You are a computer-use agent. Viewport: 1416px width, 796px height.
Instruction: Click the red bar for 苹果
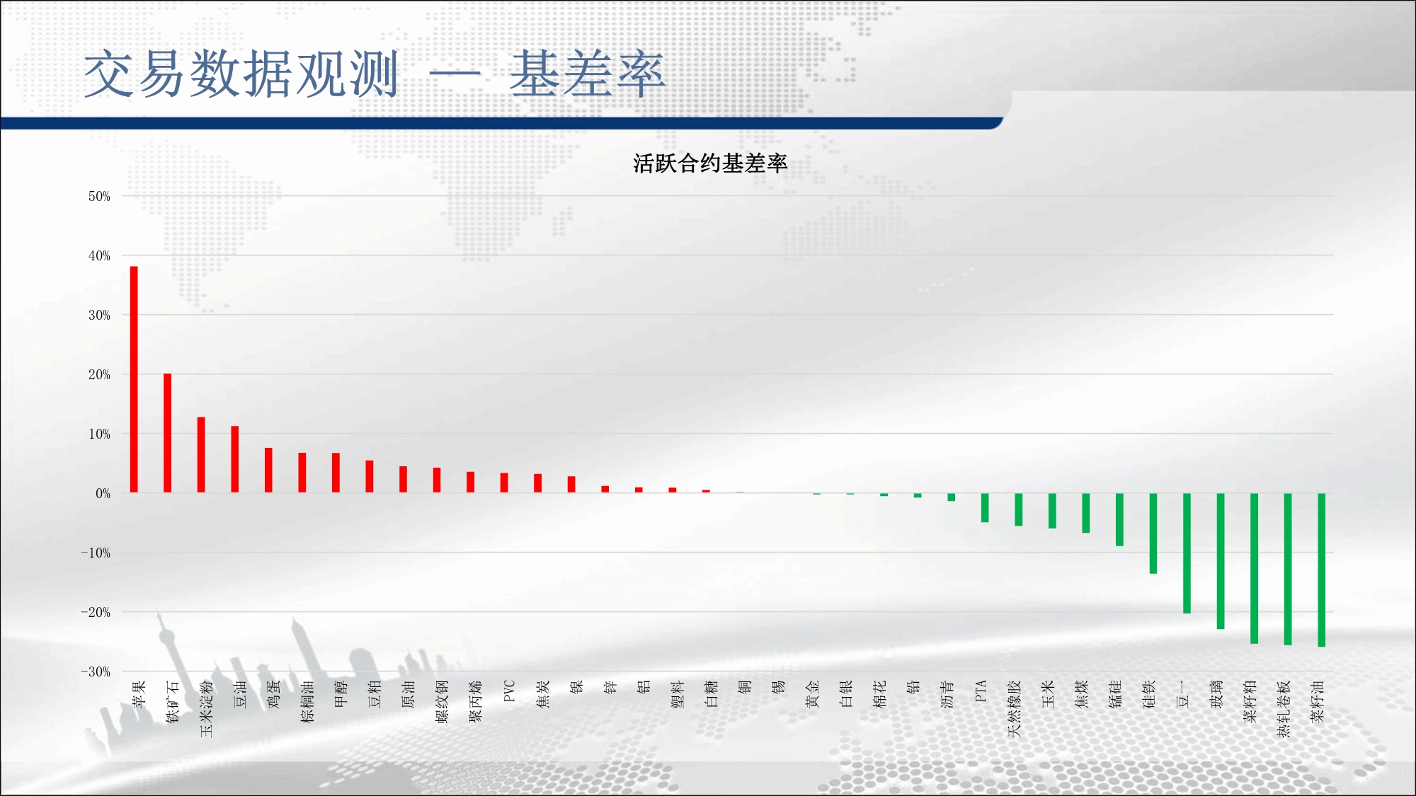[134, 379]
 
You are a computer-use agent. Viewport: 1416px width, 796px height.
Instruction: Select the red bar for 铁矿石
[168, 433]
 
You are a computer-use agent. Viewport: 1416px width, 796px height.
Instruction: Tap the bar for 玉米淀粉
[201, 455]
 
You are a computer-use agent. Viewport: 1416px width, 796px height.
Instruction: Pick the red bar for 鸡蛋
[268, 470]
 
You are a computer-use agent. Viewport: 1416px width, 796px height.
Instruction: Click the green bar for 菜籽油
[1321, 570]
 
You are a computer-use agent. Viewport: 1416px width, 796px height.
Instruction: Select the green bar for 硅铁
[1153, 533]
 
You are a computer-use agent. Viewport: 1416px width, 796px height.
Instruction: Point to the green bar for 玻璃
[1221, 561]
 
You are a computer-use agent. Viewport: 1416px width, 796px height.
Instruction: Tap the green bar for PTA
[985, 508]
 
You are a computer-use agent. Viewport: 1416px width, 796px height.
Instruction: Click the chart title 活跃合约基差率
[710, 163]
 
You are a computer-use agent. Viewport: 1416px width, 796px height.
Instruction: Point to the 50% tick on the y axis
[99, 196]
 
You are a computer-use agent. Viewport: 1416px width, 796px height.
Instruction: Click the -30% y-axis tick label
[96, 671]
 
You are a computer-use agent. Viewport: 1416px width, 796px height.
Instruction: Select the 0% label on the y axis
[103, 493]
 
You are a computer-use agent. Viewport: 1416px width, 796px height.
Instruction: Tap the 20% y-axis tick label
[99, 374]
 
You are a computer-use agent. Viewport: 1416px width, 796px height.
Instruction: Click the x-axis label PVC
[508, 691]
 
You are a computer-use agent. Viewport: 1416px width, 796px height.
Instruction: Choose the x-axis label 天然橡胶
[1015, 709]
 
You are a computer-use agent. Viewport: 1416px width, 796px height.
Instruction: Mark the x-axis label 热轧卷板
[1284, 709]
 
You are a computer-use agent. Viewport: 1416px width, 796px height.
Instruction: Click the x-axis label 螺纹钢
[442, 702]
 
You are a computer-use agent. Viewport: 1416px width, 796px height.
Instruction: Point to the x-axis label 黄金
[812, 694]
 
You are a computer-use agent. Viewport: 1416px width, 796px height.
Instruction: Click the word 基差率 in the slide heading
[588, 74]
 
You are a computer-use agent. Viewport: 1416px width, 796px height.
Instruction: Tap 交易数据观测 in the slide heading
[241, 74]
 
